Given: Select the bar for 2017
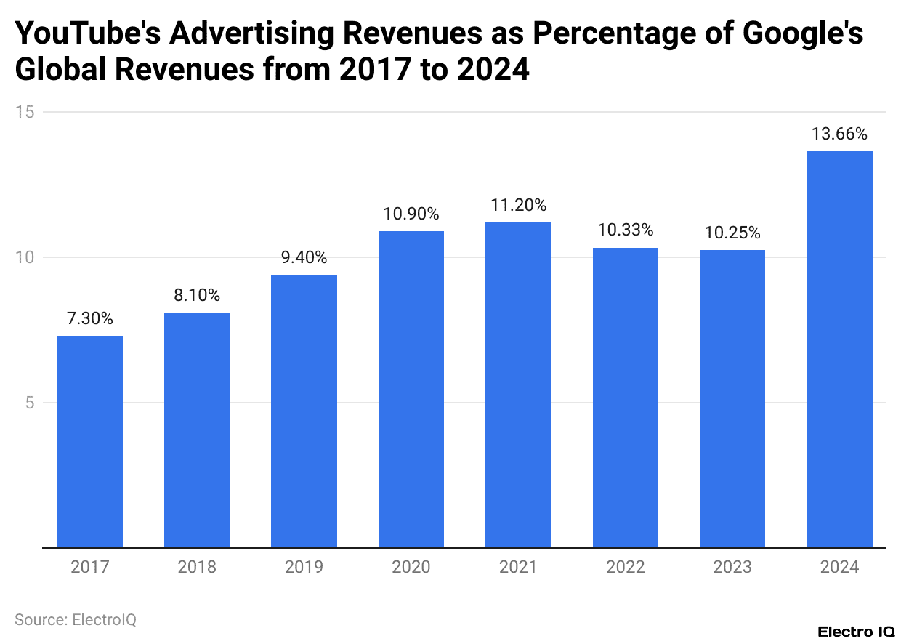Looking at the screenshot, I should [x=90, y=441].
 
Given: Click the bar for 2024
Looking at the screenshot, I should [x=839, y=349].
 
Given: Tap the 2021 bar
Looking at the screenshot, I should [x=518, y=385].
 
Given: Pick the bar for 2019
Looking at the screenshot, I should [x=304, y=411].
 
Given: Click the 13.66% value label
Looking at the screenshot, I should [x=839, y=134].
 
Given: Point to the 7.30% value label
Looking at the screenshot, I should [x=90, y=318].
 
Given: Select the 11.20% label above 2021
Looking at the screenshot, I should [x=518, y=205].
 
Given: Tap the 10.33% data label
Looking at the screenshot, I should [x=626, y=230].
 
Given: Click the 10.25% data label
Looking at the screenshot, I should [x=732, y=233].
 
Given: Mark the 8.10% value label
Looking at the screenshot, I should [x=197, y=295].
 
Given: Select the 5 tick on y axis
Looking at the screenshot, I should [x=30, y=403].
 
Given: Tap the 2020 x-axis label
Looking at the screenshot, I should [x=411, y=567].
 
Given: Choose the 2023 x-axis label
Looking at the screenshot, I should [x=732, y=567].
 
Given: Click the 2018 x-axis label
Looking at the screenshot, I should [x=197, y=567].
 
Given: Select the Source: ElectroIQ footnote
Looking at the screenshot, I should [x=76, y=620].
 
